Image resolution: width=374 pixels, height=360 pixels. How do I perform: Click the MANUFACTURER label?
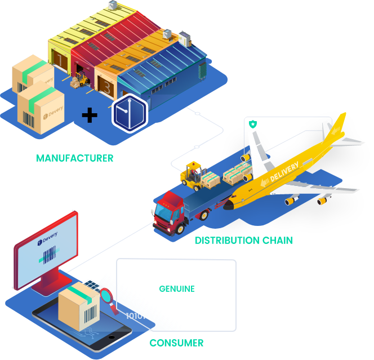click(x=75, y=158)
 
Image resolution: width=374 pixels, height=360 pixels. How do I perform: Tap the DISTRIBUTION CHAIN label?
click(x=244, y=241)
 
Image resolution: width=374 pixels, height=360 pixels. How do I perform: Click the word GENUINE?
click(x=177, y=289)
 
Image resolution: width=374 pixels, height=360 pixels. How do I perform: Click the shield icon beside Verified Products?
click(x=253, y=123)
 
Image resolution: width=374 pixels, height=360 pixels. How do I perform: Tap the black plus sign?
click(x=89, y=115)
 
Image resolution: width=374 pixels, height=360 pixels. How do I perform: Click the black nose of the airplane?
click(x=228, y=206)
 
